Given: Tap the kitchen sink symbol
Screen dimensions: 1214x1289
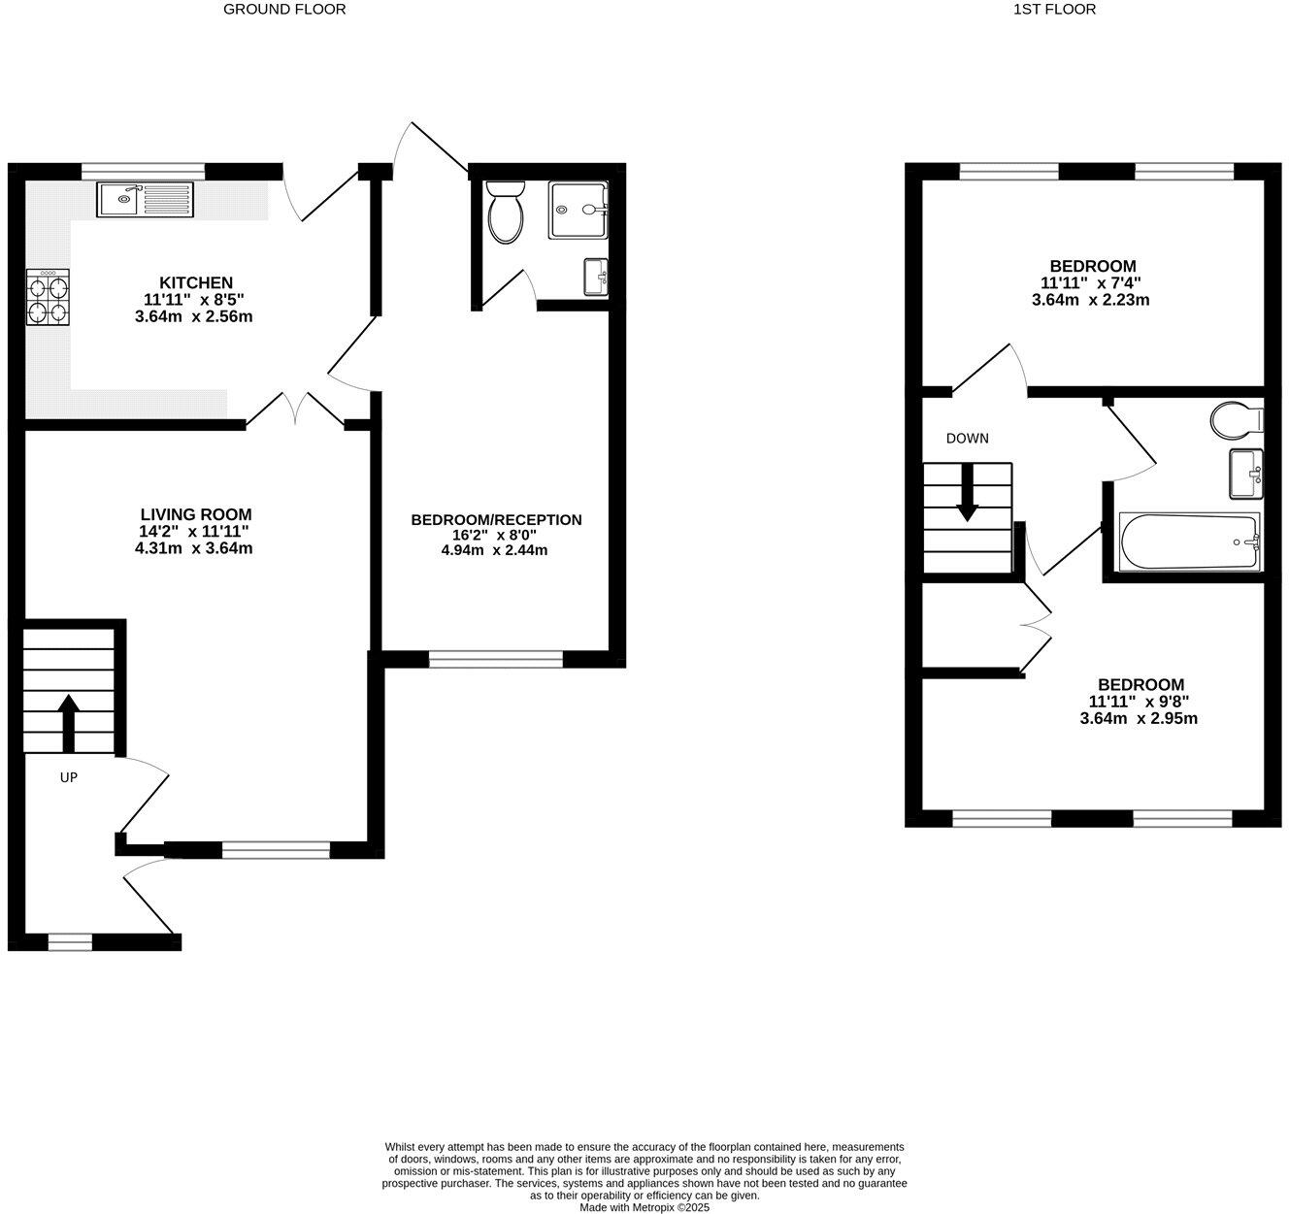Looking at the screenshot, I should [146, 200].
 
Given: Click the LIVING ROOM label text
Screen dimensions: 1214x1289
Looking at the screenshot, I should [196, 514].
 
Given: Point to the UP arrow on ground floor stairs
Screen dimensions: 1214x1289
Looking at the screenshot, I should [69, 720].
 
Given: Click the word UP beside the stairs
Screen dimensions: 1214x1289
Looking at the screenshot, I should [69, 777].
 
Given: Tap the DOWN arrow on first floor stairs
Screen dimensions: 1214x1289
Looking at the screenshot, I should [968, 493].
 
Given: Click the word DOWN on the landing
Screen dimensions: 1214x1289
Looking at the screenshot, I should [968, 439].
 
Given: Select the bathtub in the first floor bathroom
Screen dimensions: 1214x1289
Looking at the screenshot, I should [1190, 541].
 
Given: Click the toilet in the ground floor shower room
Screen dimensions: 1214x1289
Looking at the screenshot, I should [505, 213].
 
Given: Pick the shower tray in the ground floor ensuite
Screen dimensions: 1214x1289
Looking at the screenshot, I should [578, 210].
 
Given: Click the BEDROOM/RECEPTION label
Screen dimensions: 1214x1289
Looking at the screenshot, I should [496, 520].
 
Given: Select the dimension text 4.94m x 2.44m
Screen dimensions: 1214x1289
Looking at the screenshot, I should [494, 550].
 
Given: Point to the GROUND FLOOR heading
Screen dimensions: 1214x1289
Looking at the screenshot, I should [284, 10].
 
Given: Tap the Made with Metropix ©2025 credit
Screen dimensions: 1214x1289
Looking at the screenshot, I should [644, 1207].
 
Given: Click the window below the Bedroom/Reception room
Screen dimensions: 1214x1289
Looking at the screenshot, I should [495, 660].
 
